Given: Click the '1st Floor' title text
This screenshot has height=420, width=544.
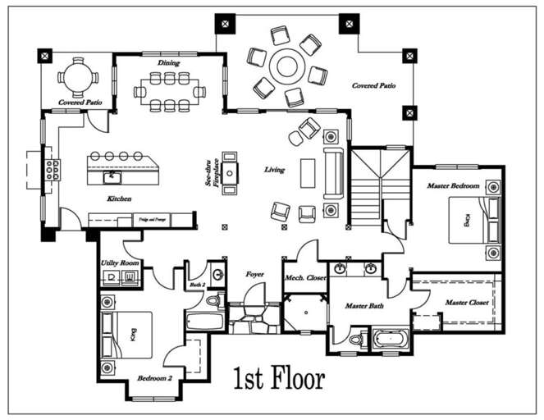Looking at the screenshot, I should (279, 378).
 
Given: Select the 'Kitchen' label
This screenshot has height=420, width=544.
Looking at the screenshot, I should (120, 199).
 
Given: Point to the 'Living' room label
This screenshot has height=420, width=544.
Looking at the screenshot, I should (274, 170).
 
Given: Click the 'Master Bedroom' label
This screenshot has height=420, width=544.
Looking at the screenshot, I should (452, 186).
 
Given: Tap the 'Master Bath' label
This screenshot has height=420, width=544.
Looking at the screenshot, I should (364, 306).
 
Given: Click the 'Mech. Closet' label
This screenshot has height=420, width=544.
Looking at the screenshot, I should (305, 277).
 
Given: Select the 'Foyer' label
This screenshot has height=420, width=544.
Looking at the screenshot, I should (254, 274).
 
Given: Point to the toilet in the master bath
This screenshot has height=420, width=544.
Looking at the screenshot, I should (356, 338).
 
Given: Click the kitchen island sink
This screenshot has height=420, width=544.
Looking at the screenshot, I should (107, 176).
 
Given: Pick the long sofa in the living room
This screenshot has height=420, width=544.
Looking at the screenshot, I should (332, 173).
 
